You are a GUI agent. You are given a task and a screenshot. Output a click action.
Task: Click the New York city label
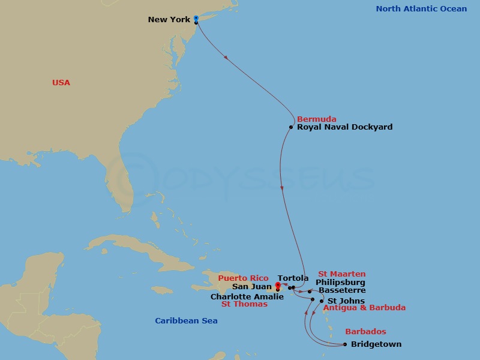169,20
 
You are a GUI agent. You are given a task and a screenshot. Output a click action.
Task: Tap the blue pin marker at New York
196,19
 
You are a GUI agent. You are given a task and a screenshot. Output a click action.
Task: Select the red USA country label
61,83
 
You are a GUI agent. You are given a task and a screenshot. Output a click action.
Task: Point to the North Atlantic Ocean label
421,9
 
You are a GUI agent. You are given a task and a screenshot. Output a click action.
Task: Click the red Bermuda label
316,119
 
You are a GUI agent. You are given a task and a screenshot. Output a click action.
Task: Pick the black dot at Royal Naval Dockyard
291,127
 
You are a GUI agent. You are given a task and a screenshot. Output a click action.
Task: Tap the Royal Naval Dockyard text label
344,127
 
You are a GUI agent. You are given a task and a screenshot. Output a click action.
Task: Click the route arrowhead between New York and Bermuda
226,58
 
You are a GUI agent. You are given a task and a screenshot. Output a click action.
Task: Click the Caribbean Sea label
186,321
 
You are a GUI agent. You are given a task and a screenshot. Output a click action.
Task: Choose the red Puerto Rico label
243,278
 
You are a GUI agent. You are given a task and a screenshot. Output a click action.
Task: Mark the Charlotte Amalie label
239,296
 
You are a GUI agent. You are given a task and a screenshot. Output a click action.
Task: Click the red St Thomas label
244,304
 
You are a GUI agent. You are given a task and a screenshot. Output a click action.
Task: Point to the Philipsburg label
340,283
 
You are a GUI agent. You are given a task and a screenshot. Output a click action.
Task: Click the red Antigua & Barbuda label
364,308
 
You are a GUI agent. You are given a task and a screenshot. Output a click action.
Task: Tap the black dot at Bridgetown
345,344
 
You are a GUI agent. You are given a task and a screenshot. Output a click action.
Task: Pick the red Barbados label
365,332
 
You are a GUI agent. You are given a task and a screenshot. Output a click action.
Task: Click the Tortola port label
293,278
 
